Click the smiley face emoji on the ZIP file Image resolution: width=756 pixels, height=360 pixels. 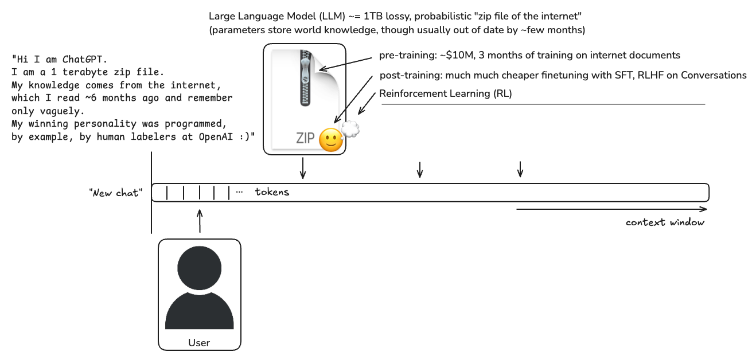pos(330,140)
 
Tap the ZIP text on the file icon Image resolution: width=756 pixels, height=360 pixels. pos(306,139)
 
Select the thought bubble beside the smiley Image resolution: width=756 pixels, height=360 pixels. pos(349,130)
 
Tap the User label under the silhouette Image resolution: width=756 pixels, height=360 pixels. pos(199,343)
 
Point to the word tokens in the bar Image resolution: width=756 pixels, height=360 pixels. pos(272,192)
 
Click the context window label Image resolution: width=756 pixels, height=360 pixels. pos(665,222)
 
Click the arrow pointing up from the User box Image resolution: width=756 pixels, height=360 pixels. pos(200,221)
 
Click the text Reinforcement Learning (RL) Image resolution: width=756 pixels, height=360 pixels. pos(446,93)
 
